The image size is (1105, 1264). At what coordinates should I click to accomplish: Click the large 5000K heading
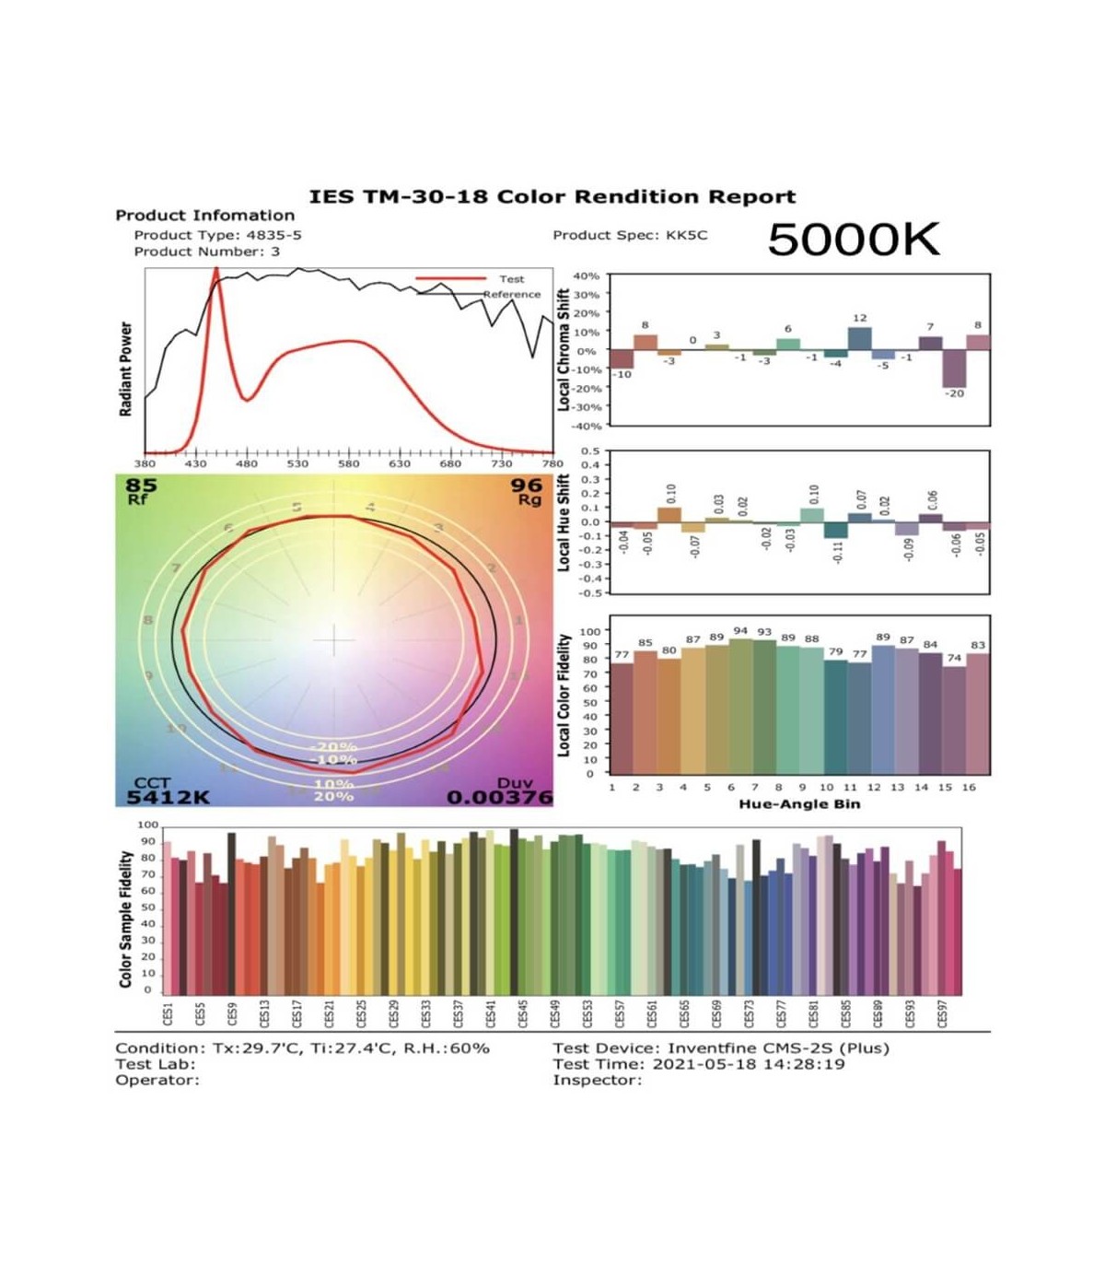pyautogui.click(x=853, y=240)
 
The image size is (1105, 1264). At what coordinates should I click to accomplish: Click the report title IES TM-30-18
pyautogui.click(x=552, y=197)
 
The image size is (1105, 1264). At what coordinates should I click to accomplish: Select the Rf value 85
pyautogui.click(x=141, y=486)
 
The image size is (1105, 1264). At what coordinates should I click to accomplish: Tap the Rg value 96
pyautogui.click(x=527, y=486)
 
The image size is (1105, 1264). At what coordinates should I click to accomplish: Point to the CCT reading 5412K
pyautogui.click(x=168, y=797)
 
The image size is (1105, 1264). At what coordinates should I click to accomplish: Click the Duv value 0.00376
pyautogui.click(x=500, y=797)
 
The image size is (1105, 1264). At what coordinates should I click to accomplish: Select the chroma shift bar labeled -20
pyautogui.click(x=954, y=369)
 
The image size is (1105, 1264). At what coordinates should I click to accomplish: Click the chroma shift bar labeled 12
pyautogui.click(x=859, y=339)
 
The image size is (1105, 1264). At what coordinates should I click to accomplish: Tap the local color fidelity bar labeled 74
pyautogui.click(x=954, y=720)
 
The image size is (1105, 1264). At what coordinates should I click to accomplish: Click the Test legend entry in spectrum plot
pyautogui.click(x=511, y=279)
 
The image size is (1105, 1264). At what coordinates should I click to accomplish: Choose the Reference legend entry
pyautogui.click(x=512, y=295)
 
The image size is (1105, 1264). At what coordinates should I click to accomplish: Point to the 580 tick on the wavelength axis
pyautogui.click(x=348, y=464)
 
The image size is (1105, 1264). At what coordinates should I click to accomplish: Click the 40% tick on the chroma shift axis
pyautogui.click(x=586, y=276)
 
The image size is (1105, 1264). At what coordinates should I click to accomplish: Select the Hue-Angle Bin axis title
pyautogui.click(x=799, y=804)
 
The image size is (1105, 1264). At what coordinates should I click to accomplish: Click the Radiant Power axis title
pyautogui.click(x=126, y=369)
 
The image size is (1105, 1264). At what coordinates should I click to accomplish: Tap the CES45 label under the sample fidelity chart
pyautogui.click(x=523, y=1013)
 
